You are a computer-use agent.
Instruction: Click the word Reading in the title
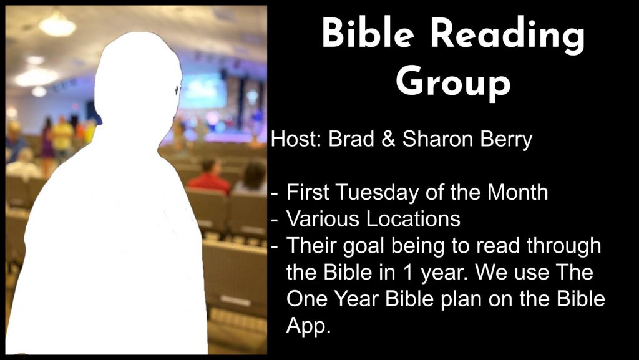[x=507, y=36]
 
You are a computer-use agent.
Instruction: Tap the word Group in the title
[x=452, y=82]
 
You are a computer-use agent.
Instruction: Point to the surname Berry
[x=506, y=140]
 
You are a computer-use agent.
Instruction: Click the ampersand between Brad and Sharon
[x=388, y=139]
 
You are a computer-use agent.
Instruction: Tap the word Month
[x=517, y=192]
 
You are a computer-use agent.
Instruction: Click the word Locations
[x=413, y=219]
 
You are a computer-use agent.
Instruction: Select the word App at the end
[x=308, y=326]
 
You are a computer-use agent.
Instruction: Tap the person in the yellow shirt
[x=63, y=139]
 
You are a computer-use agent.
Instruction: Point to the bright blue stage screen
[x=204, y=90]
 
